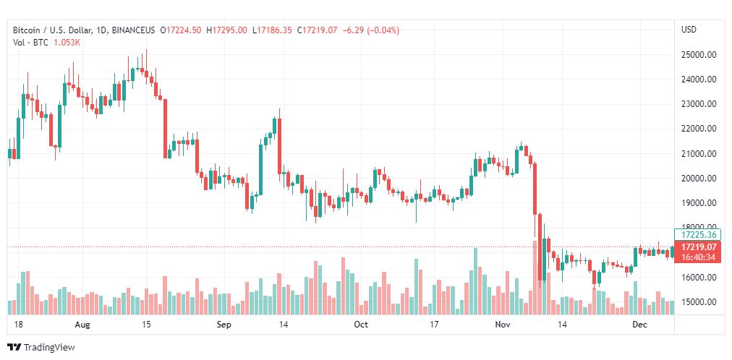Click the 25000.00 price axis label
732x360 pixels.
699,54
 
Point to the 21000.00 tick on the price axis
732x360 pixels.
699,153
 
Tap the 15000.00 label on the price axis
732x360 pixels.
699,302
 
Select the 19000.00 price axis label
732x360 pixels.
699,203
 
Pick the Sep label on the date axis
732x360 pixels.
224,325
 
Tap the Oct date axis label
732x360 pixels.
360,325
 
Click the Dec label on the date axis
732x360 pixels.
639,325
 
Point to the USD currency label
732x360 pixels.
689,30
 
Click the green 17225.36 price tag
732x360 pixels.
699,234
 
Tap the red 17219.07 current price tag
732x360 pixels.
699,247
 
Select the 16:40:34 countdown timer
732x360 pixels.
699,257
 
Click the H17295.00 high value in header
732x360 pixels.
226,30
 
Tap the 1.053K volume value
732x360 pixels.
67,43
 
